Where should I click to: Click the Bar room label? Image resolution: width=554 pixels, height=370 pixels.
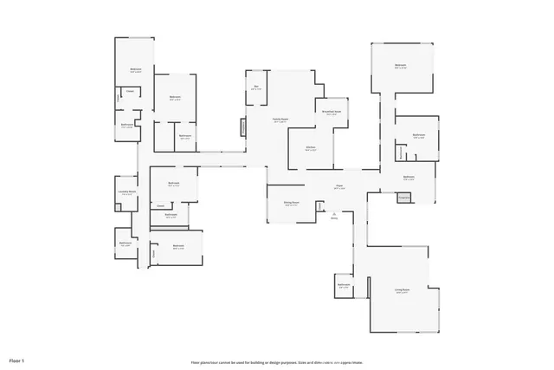pyautogui.click(x=255, y=89)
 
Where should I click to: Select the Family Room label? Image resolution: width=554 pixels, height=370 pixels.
pyautogui.click(x=280, y=120)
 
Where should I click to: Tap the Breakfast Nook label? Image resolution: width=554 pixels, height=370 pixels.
pyautogui.click(x=332, y=113)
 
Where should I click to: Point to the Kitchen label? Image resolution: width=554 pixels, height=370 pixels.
pyautogui.click(x=310, y=149)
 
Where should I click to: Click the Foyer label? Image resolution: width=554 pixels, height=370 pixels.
pyautogui.click(x=340, y=187)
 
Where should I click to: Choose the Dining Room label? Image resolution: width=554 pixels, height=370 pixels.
pyautogui.click(x=291, y=204)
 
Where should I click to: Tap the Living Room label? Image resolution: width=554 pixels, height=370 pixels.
pyautogui.click(x=403, y=291)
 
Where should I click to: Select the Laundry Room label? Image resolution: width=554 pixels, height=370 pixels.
pyautogui.click(x=127, y=193)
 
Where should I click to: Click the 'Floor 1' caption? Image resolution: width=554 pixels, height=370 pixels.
pyautogui.click(x=17, y=359)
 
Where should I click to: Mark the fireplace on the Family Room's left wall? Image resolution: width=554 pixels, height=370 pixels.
pyautogui.click(x=243, y=127)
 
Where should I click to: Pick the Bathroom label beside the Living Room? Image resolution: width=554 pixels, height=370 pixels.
pyautogui.click(x=344, y=286)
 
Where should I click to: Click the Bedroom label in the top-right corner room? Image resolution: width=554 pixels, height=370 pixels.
pyautogui.click(x=400, y=66)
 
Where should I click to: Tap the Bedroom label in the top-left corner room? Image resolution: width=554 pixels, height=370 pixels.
pyautogui.click(x=136, y=70)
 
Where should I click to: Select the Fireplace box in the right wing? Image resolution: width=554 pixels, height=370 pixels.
pyautogui.click(x=403, y=198)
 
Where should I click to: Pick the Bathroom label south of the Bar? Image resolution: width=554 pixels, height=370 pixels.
pyautogui.click(x=184, y=136)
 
